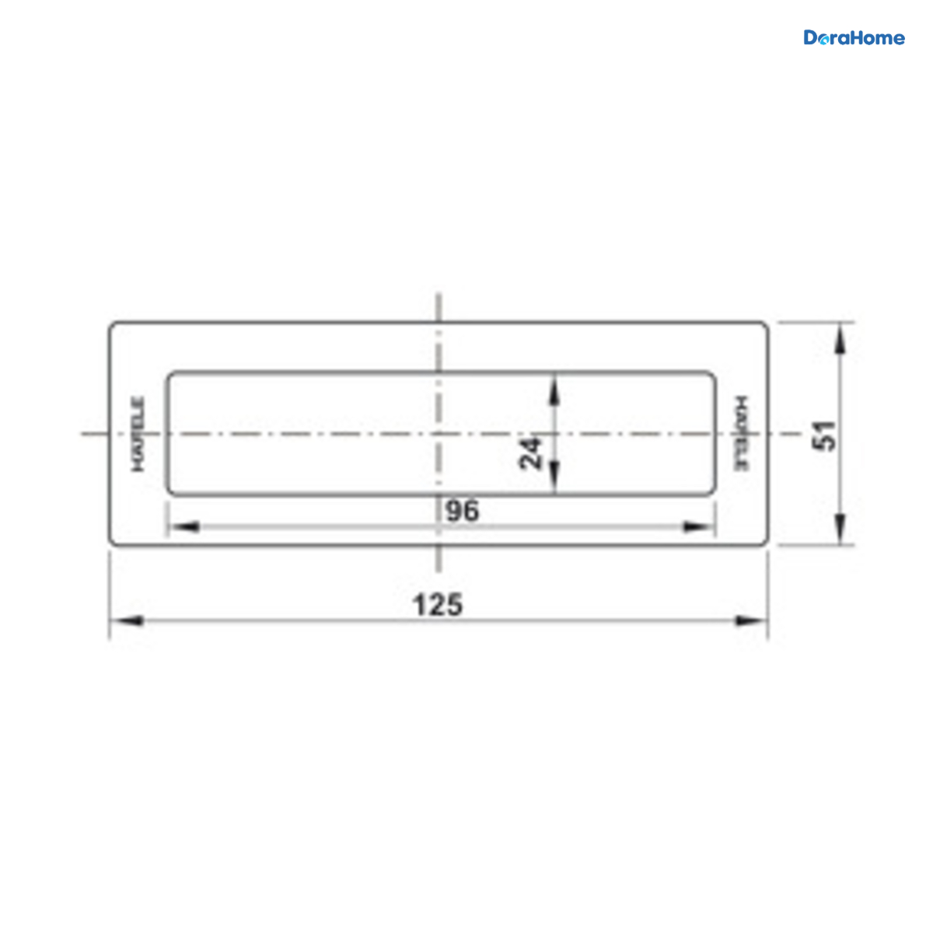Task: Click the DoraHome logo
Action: coord(854,38)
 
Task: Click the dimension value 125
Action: coord(437,605)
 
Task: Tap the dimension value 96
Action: coord(463,512)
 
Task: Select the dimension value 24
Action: coord(530,453)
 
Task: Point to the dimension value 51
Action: coord(824,435)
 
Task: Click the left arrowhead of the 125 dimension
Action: coord(127,620)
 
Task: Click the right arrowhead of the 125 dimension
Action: coord(751,620)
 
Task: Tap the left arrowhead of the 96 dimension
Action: coord(184,527)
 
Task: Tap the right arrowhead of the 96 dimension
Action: coord(699,527)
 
